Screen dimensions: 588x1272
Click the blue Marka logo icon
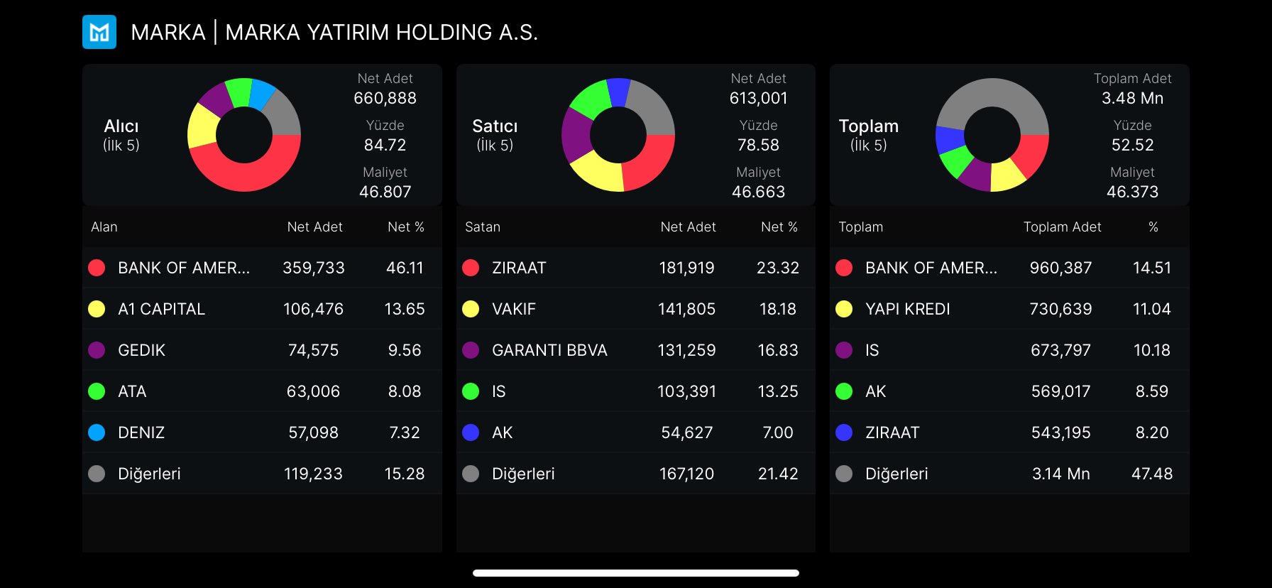(x=99, y=32)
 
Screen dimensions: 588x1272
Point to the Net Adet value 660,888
(x=385, y=98)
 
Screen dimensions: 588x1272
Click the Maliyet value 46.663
(x=758, y=192)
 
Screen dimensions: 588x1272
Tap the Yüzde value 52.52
(x=1132, y=145)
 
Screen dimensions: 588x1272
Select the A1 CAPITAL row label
(x=161, y=309)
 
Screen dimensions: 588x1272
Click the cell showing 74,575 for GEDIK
(x=313, y=350)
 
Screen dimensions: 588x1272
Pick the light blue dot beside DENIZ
(x=97, y=432)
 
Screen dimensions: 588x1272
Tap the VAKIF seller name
(x=513, y=309)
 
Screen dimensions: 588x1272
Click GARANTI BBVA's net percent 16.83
(x=777, y=350)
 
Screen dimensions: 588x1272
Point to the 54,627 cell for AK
(x=686, y=432)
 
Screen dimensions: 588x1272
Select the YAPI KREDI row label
(x=907, y=309)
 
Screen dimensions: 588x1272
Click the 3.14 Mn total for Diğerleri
(x=1060, y=474)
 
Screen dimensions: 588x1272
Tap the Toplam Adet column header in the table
(x=1062, y=227)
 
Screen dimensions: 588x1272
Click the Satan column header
(x=483, y=227)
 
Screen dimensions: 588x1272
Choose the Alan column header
(x=104, y=227)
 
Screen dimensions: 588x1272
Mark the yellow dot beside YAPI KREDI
(x=844, y=309)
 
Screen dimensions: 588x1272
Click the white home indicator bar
(x=636, y=573)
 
